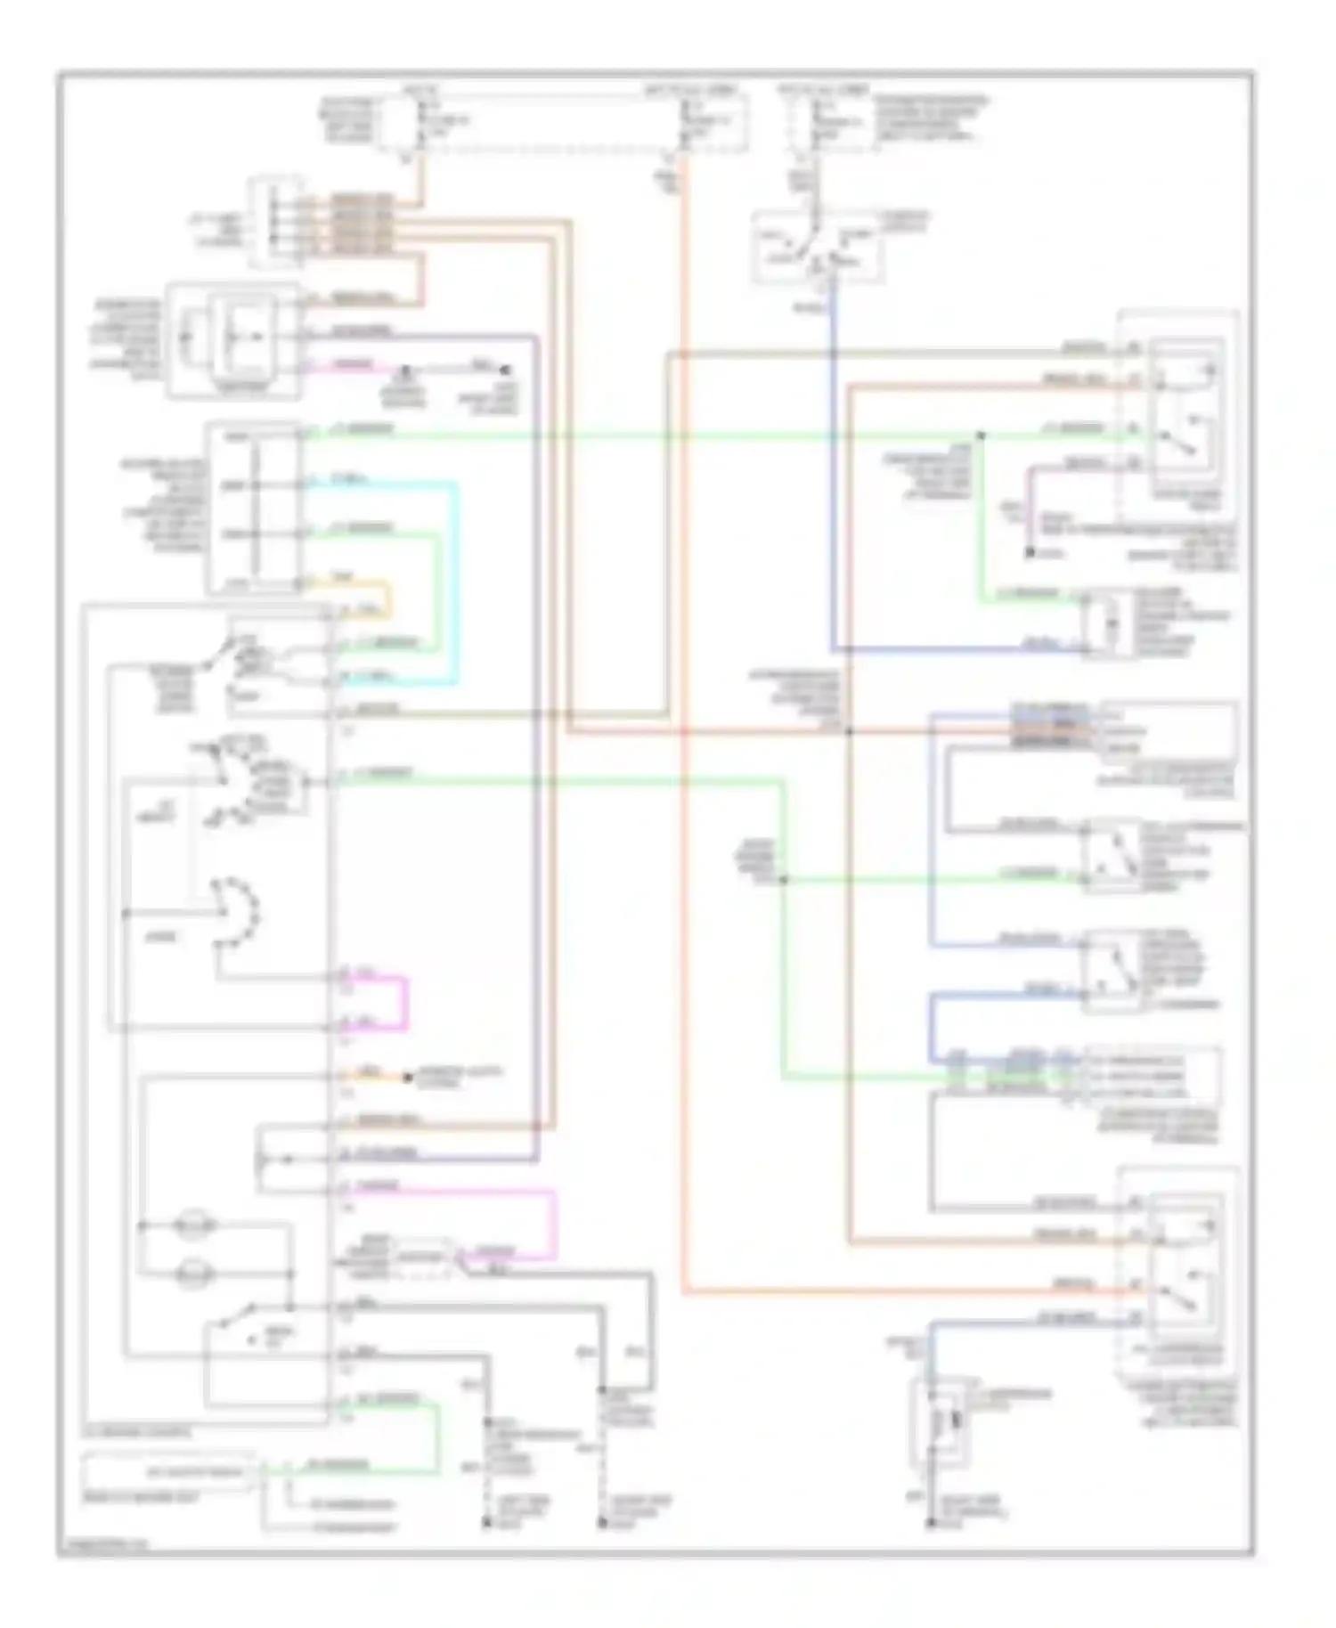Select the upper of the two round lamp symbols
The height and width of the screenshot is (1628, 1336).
click(x=195, y=1225)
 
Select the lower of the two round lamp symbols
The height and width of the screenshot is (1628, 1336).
click(x=195, y=1274)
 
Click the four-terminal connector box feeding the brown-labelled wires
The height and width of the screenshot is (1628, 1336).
click(x=275, y=223)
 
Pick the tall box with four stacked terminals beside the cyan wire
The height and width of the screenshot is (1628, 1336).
click(x=255, y=509)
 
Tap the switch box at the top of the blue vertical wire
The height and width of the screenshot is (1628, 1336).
click(x=818, y=248)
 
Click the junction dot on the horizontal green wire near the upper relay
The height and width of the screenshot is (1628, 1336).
click(x=981, y=435)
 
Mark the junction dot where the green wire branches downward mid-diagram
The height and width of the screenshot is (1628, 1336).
click(x=785, y=880)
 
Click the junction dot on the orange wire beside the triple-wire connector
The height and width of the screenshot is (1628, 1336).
click(x=850, y=732)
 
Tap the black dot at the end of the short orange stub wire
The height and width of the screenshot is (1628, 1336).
click(x=407, y=1079)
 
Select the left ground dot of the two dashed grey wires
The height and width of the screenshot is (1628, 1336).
click(x=486, y=1524)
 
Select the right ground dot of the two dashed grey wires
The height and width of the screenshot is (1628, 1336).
click(x=603, y=1524)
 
